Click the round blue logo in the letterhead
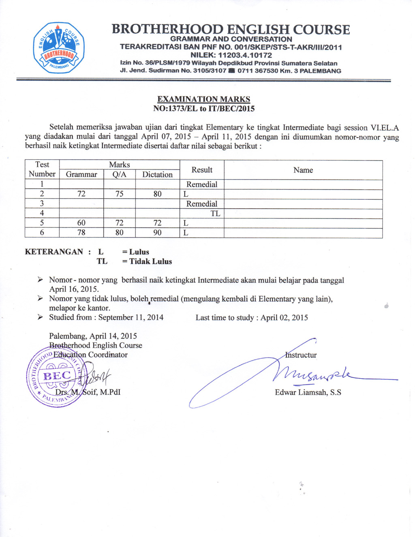59,48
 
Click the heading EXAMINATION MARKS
203,99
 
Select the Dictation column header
157,175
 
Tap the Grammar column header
81,175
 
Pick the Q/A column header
119,175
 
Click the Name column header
303,170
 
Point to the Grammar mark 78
81,233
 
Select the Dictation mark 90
157,233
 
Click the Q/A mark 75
119,194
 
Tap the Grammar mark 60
81,223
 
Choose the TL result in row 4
215,214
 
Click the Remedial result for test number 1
202,184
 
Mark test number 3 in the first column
42,203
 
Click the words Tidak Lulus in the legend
150,261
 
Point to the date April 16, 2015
74,289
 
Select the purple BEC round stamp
56,376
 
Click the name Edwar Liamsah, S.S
308,392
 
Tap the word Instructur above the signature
301,355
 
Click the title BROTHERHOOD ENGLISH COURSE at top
231,29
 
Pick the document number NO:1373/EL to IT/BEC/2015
203,109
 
